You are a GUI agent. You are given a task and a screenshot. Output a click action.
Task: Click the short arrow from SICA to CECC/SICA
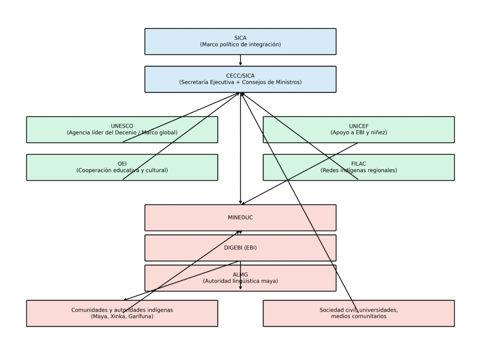pos(240,61)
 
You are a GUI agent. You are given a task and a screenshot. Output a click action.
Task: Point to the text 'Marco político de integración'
pos(240,45)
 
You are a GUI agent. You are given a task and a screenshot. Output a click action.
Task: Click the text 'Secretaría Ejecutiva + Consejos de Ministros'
pos(240,82)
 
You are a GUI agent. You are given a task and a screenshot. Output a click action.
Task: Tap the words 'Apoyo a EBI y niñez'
pos(358,133)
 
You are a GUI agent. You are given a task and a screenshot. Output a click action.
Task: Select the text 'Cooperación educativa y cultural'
pos(122,170)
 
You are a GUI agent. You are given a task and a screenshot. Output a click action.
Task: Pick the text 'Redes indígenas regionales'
pos(358,170)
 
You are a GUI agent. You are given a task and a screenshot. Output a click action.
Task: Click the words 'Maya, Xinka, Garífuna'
pos(122,317)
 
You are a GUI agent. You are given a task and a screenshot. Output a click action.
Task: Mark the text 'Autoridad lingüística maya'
pos(240,281)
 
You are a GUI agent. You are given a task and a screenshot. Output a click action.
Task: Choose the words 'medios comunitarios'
pos(358,317)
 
